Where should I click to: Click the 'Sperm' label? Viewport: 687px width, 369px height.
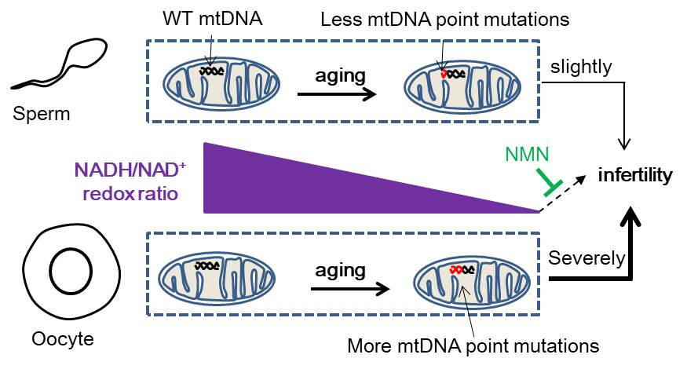point(42,115)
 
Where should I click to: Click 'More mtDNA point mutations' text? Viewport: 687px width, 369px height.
point(473,345)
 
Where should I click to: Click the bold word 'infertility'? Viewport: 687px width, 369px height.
point(634,174)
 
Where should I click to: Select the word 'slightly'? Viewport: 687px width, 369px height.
point(582,67)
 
